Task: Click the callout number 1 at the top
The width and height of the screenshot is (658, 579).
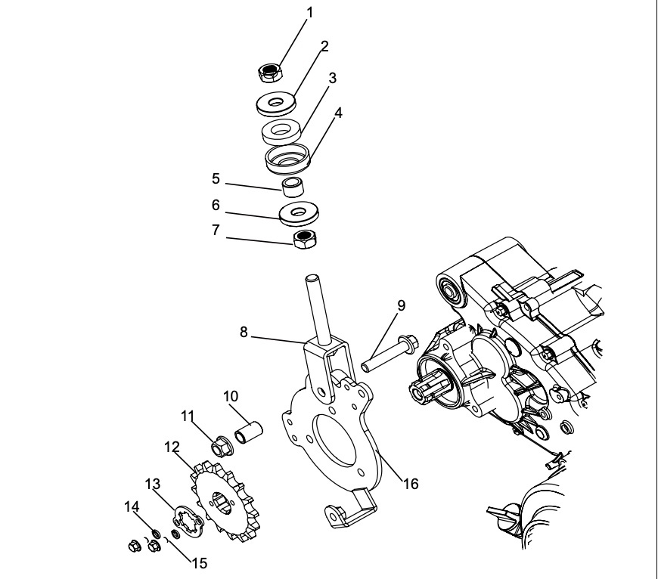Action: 309,13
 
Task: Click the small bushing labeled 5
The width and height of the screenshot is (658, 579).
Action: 292,186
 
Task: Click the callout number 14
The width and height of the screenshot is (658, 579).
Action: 130,509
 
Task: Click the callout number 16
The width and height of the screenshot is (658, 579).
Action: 410,482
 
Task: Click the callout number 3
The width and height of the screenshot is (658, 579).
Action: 332,79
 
